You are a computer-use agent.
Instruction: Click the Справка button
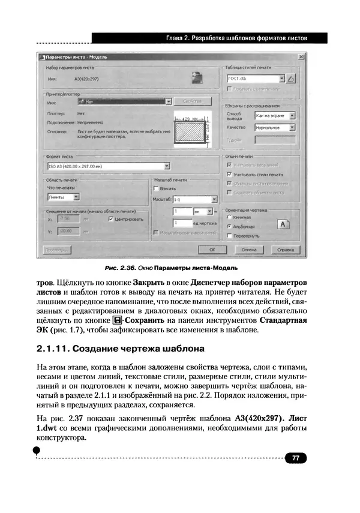click(286, 249)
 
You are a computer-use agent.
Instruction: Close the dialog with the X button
click(301, 57)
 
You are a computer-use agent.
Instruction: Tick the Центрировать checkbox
click(110, 220)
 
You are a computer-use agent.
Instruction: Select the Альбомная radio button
click(229, 226)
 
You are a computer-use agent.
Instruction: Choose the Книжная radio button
click(229, 217)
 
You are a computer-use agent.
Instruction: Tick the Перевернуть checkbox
click(229, 236)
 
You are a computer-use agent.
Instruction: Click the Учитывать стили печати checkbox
click(229, 174)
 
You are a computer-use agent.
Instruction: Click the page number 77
click(295, 458)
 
